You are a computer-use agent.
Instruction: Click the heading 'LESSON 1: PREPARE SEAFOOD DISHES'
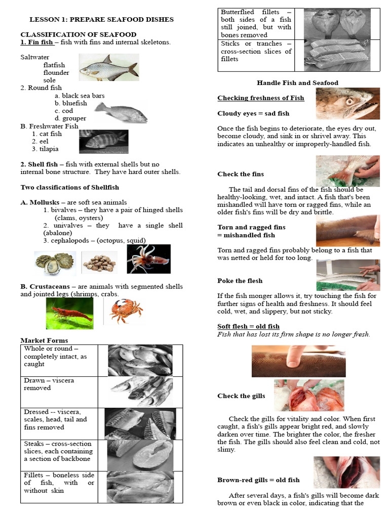[101, 19]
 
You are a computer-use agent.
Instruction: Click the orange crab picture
[126, 311]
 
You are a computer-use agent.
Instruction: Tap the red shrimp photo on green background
[69, 313]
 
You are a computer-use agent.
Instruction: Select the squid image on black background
[148, 258]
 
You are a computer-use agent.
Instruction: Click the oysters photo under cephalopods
[55, 263]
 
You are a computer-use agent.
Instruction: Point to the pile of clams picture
[100, 263]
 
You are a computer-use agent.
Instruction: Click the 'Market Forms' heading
[44, 340]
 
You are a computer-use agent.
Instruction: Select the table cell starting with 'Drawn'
[59, 391]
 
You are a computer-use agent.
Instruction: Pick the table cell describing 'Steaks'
[59, 451]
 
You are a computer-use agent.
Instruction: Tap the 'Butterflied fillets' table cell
[256, 23]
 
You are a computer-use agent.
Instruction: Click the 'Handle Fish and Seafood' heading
[297, 82]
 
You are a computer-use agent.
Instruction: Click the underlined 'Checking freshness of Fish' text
[261, 98]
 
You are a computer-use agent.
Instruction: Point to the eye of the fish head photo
[349, 101]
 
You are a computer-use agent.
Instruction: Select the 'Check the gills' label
[241, 396]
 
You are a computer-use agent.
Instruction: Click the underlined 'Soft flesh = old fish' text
[248, 326]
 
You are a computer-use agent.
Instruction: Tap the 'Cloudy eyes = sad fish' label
[253, 113]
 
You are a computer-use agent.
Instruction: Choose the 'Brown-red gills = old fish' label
[258, 480]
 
